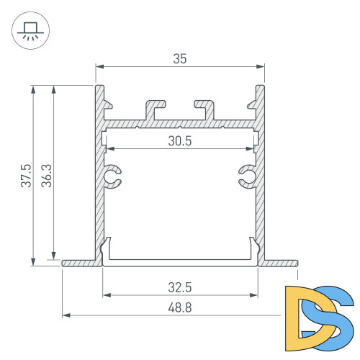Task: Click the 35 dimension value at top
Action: pyautogui.click(x=180, y=59)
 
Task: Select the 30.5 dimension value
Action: pyautogui.click(x=180, y=141)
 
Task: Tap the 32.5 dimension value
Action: pyautogui.click(x=180, y=287)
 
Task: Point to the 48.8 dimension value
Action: pyautogui.click(x=180, y=307)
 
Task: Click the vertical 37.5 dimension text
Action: pyautogui.click(x=26, y=176)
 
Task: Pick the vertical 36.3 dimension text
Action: pyautogui.click(x=46, y=176)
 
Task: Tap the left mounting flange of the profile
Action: pyautogui.click(x=79, y=263)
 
